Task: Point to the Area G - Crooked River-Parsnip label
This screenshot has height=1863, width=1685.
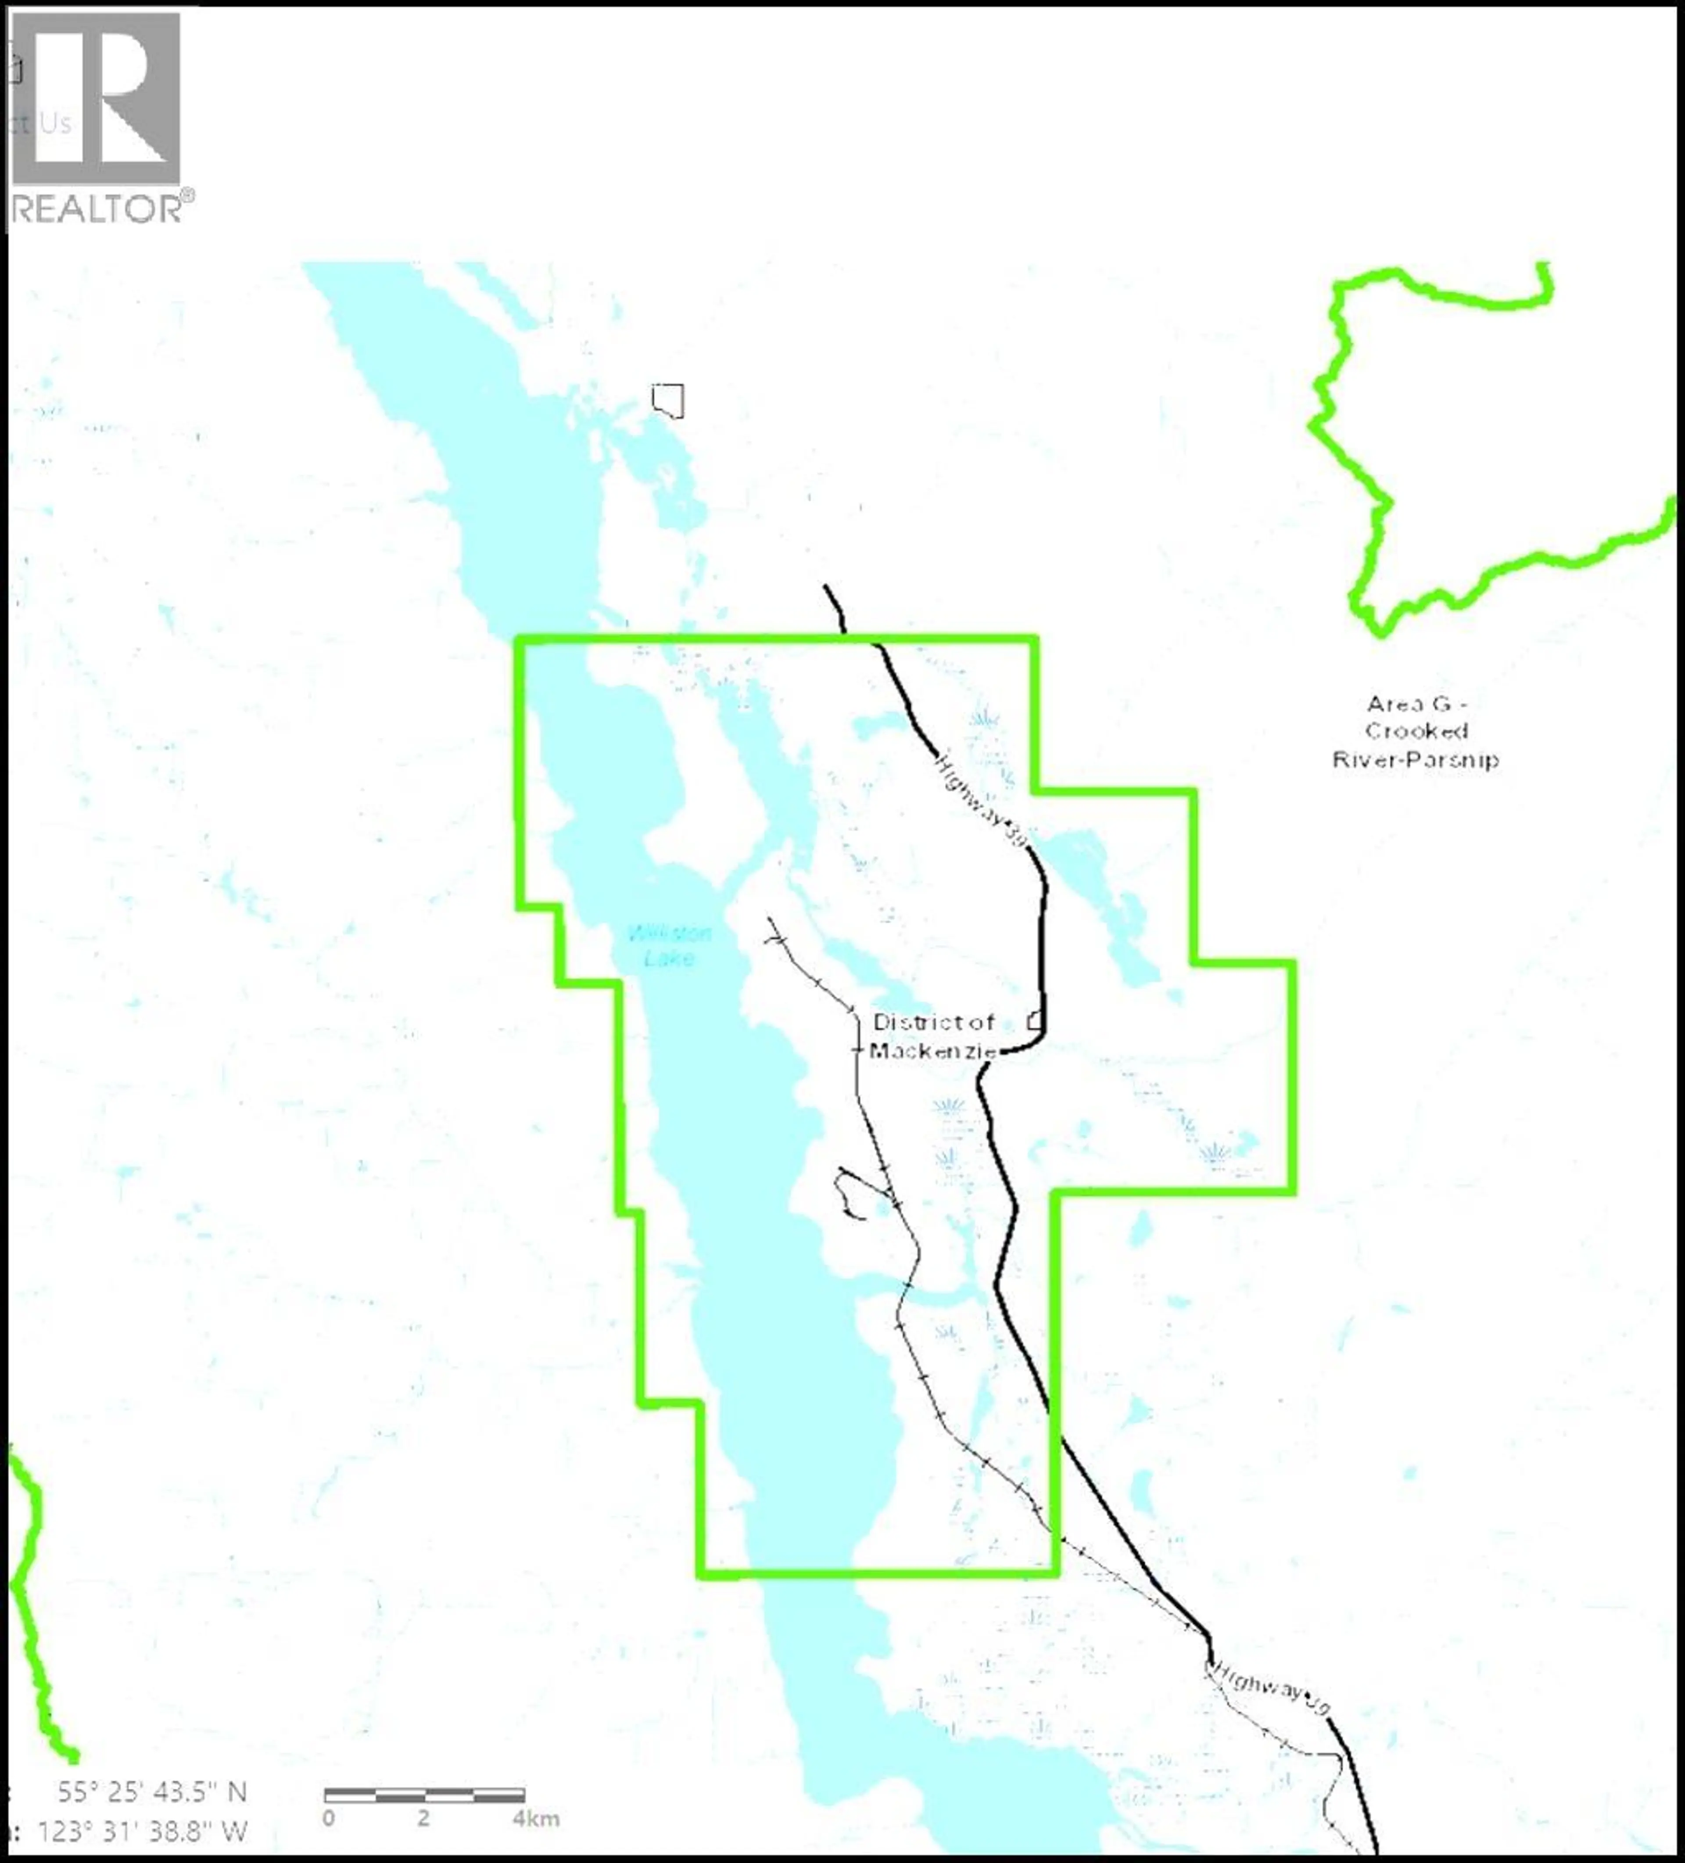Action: pos(1415,732)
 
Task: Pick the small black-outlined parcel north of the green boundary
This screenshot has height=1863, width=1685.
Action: pos(668,400)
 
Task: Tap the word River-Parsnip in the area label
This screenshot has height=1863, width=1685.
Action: pos(1415,760)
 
